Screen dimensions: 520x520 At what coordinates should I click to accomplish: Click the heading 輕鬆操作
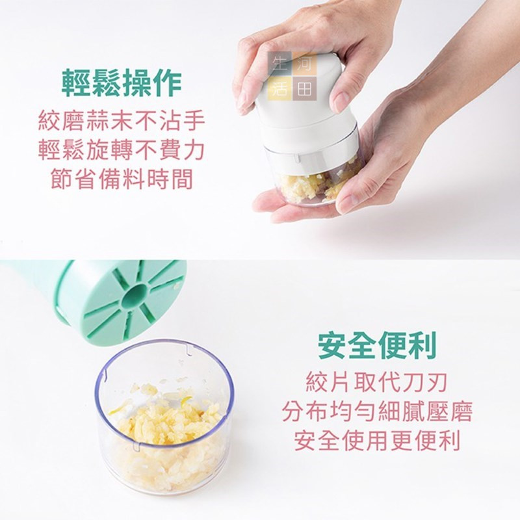click(x=122, y=84)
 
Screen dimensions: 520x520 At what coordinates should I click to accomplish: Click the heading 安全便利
click(x=377, y=346)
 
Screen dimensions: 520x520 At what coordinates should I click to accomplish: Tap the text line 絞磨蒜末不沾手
click(x=122, y=122)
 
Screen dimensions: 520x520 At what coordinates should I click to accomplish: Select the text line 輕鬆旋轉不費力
click(x=122, y=151)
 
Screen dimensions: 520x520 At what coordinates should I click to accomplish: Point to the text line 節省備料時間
click(x=122, y=180)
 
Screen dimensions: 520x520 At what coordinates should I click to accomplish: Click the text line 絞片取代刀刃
click(x=377, y=382)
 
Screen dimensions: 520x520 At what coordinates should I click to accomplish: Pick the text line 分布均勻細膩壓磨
click(x=377, y=411)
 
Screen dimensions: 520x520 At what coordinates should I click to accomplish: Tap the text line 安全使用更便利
click(x=377, y=441)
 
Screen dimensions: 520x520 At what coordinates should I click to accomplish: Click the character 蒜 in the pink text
click(x=98, y=122)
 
